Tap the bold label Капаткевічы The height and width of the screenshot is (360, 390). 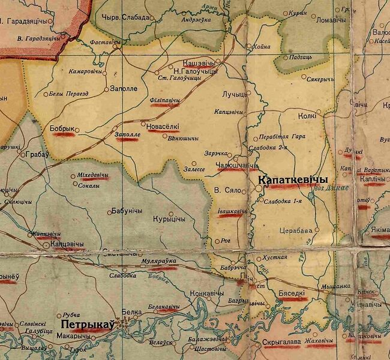[x=293, y=180]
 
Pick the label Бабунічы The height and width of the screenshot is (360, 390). [x=127, y=211]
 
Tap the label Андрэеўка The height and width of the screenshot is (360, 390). [x=194, y=19]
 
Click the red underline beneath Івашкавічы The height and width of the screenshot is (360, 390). [x=233, y=217]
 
